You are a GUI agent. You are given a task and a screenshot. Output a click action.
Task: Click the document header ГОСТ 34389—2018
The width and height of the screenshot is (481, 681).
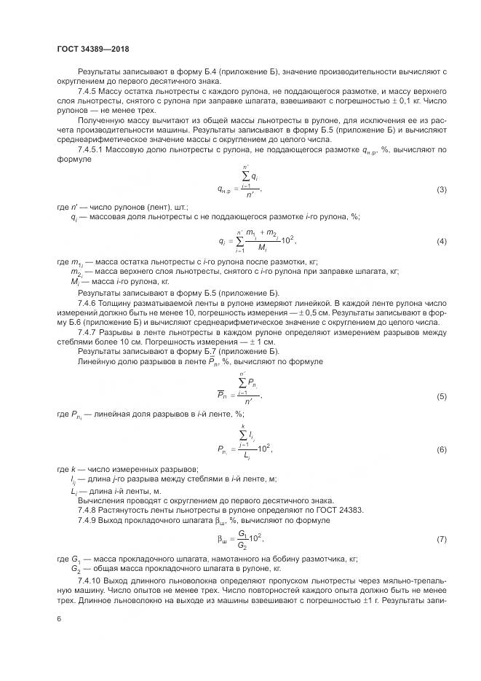click(x=92, y=50)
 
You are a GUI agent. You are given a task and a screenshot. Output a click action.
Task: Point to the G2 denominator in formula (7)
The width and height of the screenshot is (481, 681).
click(x=242, y=544)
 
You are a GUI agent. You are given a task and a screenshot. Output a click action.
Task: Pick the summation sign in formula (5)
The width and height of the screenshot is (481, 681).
click(x=252, y=384)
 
